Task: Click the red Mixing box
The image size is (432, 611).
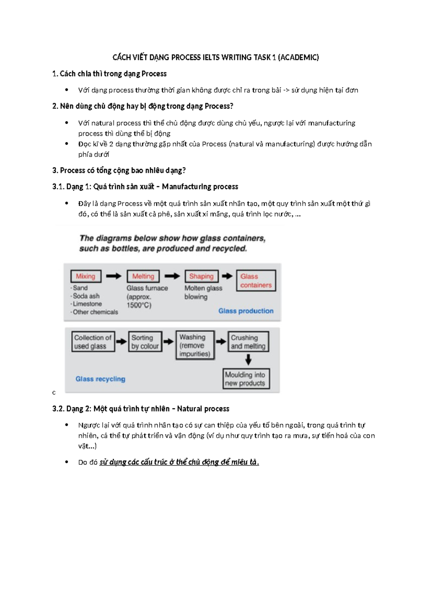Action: click(86, 276)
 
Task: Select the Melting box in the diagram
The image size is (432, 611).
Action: click(143, 276)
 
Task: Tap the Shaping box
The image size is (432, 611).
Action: click(201, 276)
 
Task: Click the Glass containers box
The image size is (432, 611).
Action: click(256, 281)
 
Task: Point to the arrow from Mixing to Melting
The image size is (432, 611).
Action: click(114, 276)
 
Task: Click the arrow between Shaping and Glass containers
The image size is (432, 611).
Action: click(227, 276)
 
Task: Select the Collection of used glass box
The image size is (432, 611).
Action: click(93, 342)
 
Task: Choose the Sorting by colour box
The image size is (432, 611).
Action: click(145, 342)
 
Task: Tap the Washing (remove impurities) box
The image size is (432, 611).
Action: click(195, 345)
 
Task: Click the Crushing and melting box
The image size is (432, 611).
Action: click(248, 342)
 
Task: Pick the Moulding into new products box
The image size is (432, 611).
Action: click(246, 379)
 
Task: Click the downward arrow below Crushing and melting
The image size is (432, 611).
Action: click(248, 360)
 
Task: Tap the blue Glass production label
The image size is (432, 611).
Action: click(246, 311)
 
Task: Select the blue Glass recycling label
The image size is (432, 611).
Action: click(100, 379)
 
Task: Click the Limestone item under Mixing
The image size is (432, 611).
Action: click(87, 304)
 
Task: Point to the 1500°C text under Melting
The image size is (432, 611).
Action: click(139, 305)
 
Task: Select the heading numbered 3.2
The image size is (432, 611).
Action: click(141, 409)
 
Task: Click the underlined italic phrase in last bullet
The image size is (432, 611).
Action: click(179, 462)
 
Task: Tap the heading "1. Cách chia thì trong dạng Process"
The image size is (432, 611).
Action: click(109, 74)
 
